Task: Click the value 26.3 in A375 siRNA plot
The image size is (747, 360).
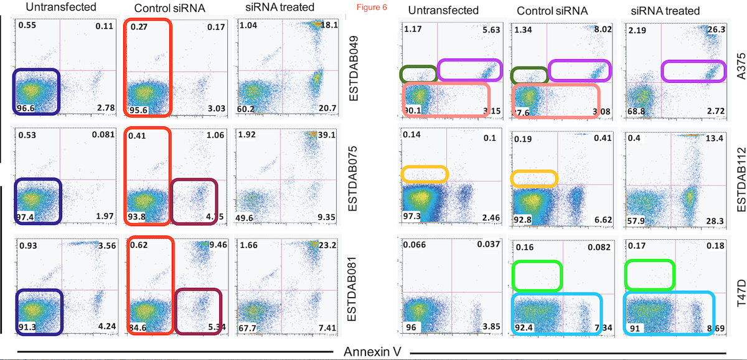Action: click(714, 31)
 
